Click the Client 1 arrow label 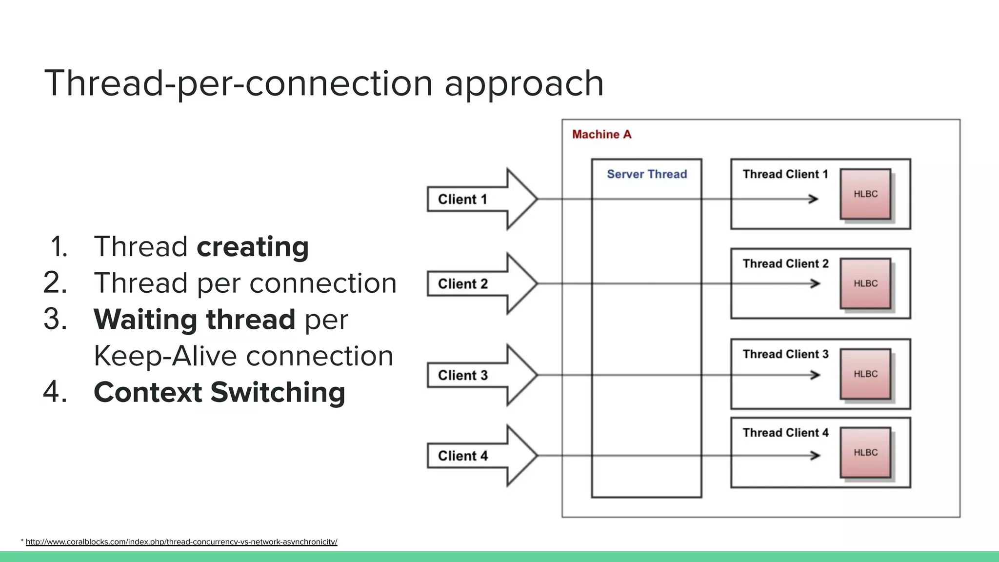pyautogui.click(x=462, y=199)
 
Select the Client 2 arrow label pyautogui.click(x=462, y=283)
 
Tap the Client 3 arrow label pyautogui.click(x=462, y=375)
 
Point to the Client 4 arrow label pyautogui.click(x=462, y=456)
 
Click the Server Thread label pyautogui.click(x=646, y=174)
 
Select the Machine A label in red pyautogui.click(x=601, y=134)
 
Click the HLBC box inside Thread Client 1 pyautogui.click(x=865, y=194)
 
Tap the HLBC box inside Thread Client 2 pyautogui.click(x=865, y=283)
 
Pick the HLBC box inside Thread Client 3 pyautogui.click(x=865, y=374)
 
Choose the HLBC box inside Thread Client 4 pyautogui.click(x=865, y=453)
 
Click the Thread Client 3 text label pyautogui.click(x=785, y=354)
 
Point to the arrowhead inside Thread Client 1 pyautogui.click(x=813, y=199)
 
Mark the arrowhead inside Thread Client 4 pyautogui.click(x=815, y=456)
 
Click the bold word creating pyautogui.click(x=253, y=247)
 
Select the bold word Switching pyautogui.click(x=278, y=392)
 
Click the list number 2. pyautogui.click(x=55, y=283)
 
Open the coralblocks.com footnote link pyautogui.click(x=181, y=542)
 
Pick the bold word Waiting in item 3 pyautogui.click(x=145, y=320)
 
